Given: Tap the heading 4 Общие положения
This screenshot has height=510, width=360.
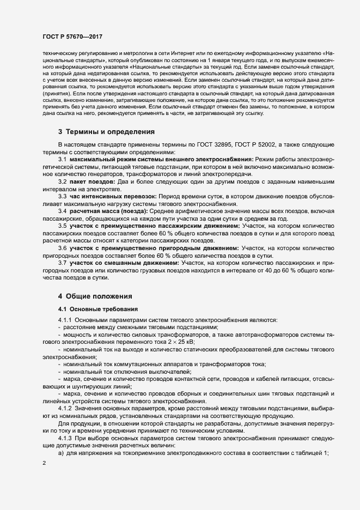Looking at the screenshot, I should coord(95,296).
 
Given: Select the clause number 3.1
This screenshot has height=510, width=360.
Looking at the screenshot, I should coord(63,159).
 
